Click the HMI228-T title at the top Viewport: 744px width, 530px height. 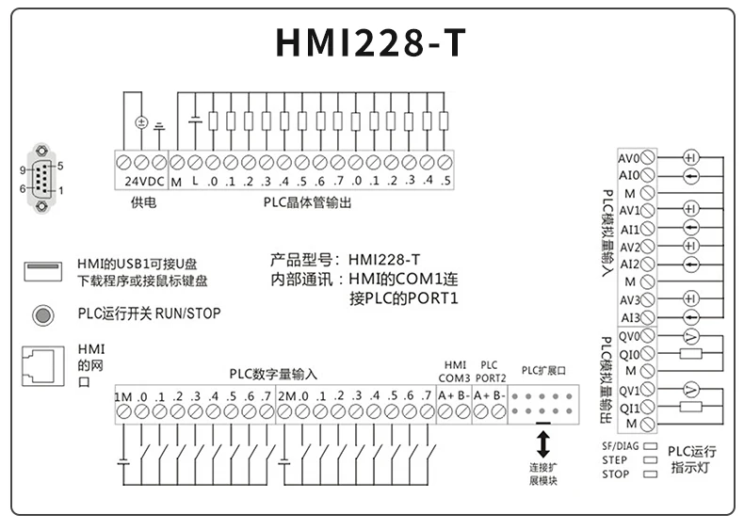371,42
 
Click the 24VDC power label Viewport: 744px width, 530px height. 142,181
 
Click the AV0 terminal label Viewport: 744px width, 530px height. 629,157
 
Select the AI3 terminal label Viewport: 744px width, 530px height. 629,317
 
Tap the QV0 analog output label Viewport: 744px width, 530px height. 629,336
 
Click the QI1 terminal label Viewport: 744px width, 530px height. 629,408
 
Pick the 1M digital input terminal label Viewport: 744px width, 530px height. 123,396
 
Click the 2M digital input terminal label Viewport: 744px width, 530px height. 286,396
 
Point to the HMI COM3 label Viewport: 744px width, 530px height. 455,371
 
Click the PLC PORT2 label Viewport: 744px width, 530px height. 490,371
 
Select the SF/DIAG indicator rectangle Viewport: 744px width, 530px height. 649,445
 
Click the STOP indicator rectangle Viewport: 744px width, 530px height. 649,474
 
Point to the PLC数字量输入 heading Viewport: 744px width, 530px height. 273,374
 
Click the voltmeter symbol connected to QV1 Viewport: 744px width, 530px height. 690,390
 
